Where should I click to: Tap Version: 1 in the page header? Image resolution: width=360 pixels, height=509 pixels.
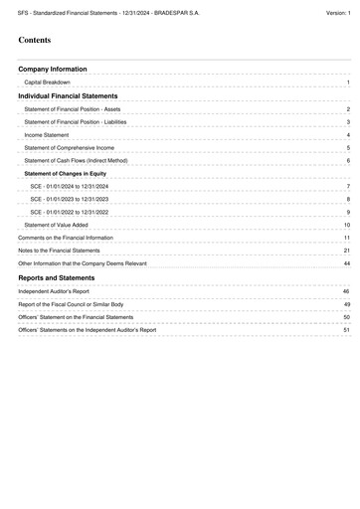click(x=338, y=9)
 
